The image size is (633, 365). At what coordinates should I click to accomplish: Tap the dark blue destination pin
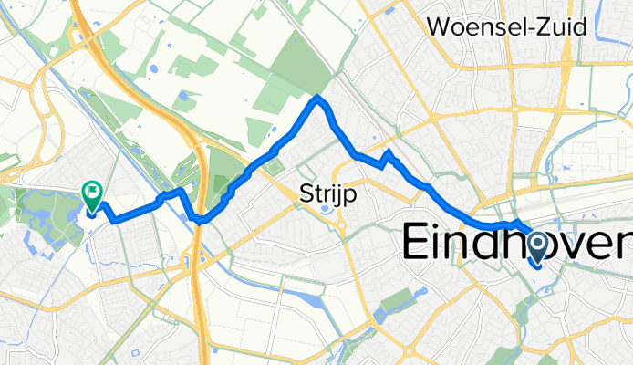pyautogui.click(x=536, y=247)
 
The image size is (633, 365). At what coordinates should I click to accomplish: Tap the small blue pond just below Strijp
pyautogui.click(x=325, y=212)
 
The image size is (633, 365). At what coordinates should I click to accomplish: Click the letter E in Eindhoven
pyautogui.click(x=420, y=244)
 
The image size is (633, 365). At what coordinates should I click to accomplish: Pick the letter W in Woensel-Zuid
pyautogui.click(x=441, y=27)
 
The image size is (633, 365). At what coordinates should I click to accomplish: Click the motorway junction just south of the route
pyautogui.click(x=193, y=260)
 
